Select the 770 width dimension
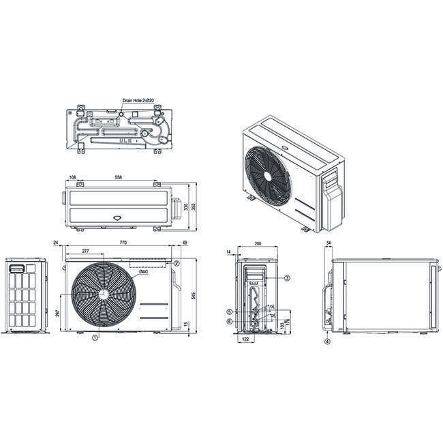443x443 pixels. point(124,242)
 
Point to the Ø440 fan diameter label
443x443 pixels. point(144,273)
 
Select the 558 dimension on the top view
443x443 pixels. point(119,177)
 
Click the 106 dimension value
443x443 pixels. point(72,177)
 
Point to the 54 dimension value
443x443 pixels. point(329,242)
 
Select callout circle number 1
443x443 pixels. point(95,337)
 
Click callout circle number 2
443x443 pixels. point(176,263)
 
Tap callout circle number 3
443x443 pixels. point(287,278)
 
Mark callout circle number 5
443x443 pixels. point(230,311)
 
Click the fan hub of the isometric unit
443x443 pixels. point(268,174)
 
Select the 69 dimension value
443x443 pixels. point(185,242)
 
